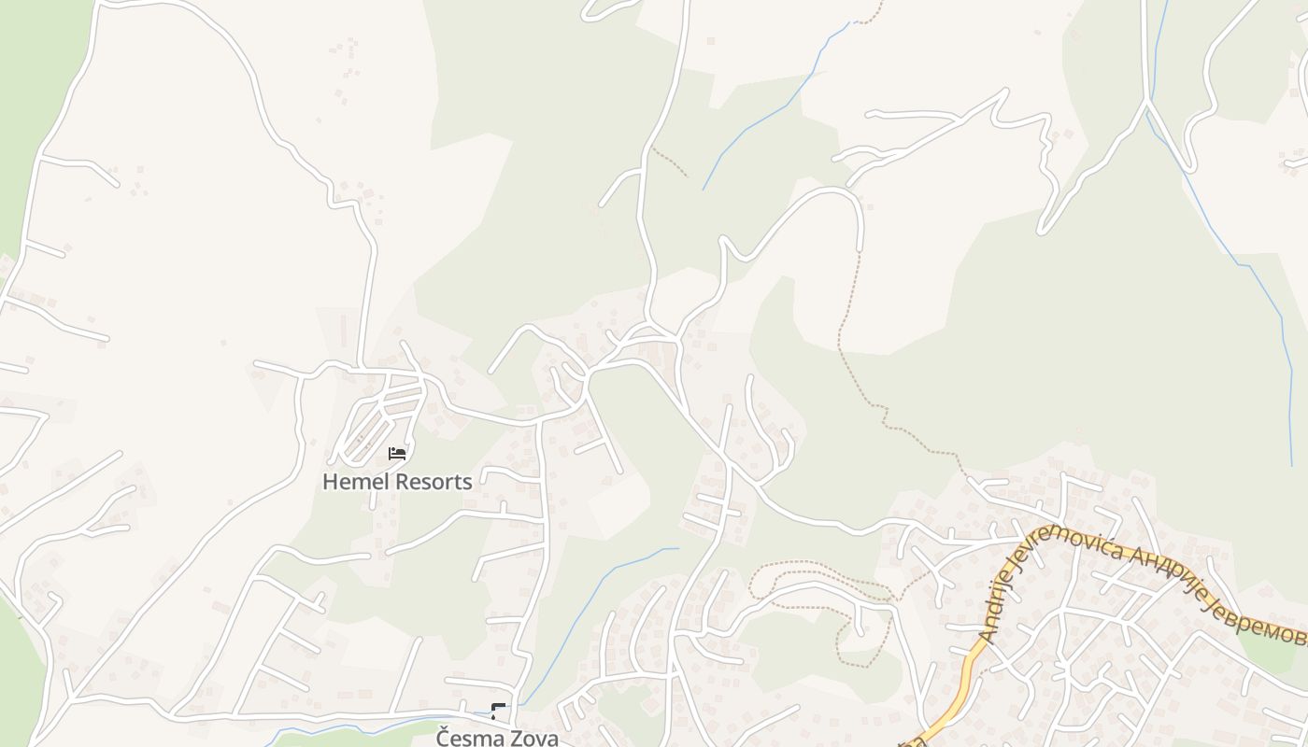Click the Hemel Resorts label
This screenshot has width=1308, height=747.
397,482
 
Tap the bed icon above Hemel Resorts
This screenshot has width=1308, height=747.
397,454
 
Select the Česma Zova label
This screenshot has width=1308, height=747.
497,738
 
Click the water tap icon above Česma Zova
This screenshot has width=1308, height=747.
498,712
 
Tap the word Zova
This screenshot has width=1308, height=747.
533,738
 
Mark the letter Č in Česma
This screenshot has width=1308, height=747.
444,738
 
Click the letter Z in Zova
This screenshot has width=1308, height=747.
516,738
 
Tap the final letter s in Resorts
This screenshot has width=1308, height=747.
467,483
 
